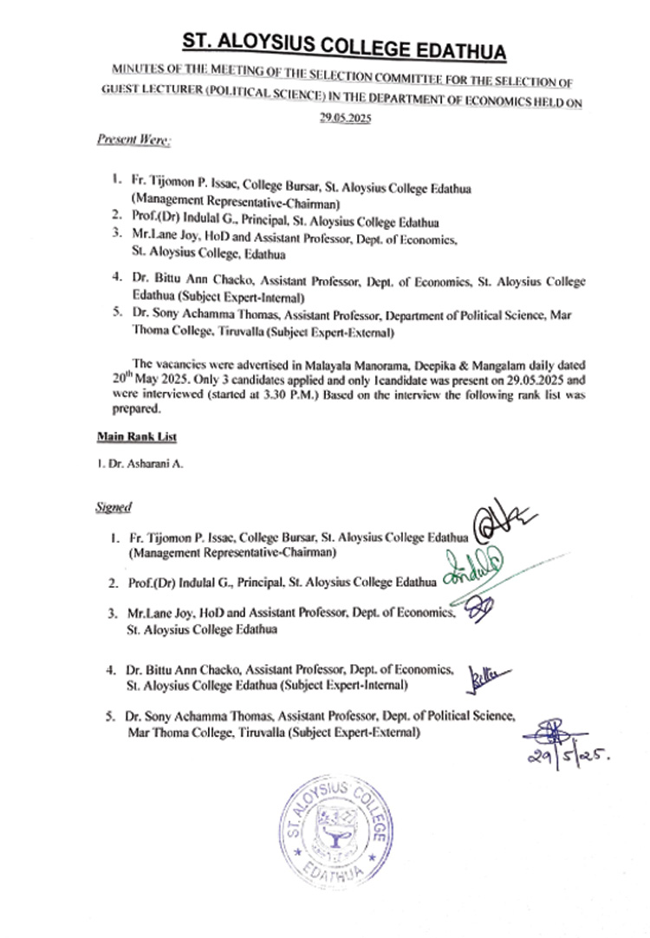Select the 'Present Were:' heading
(x=121, y=139)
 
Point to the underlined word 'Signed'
(x=113, y=509)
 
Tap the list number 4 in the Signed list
(x=112, y=670)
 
